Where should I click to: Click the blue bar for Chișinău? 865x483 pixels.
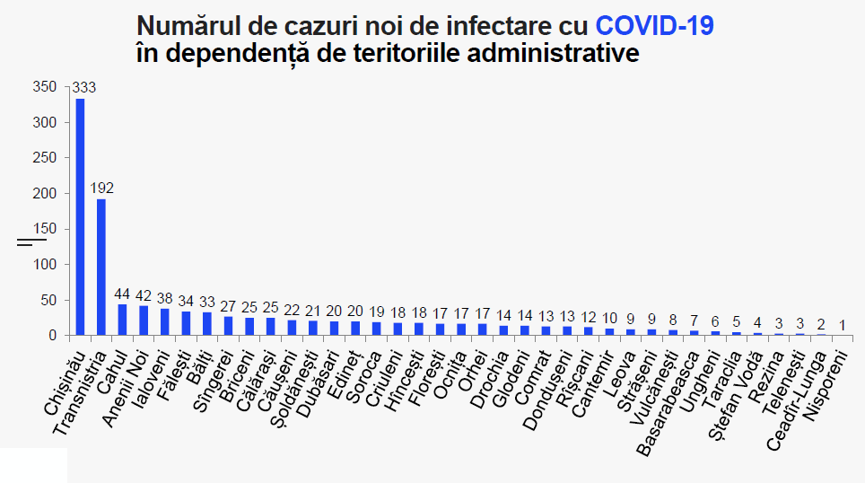(x=80, y=217)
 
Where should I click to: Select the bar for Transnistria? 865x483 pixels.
(x=101, y=268)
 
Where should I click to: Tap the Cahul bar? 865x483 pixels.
(x=122, y=320)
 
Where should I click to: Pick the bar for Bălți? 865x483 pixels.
(x=207, y=323)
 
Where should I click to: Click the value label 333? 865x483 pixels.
(x=83, y=87)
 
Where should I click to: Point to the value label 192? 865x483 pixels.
(x=101, y=188)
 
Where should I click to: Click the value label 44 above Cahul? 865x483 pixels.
(x=122, y=294)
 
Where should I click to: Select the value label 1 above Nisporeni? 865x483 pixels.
(x=843, y=325)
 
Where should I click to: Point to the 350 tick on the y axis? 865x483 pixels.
(x=45, y=87)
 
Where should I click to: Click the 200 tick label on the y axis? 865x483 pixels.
(x=45, y=193)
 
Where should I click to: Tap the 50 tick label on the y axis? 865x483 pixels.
(x=48, y=300)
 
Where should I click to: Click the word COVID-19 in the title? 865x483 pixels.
(x=654, y=25)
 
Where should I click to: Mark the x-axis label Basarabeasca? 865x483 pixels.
(x=668, y=403)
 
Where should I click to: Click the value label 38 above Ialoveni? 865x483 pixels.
(x=164, y=298)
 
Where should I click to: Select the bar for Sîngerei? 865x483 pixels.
(x=228, y=326)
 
